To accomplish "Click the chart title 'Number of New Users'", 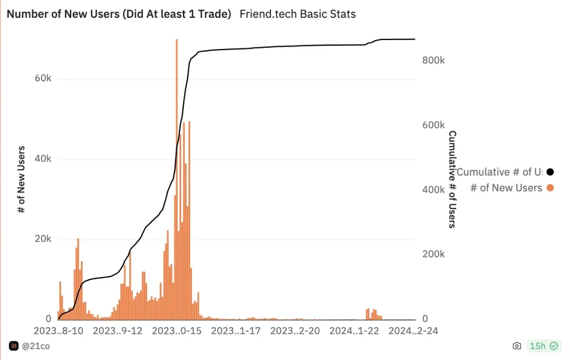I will [119, 14].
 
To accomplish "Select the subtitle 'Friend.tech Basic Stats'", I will [297, 14].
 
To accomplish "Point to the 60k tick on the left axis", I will [43, 78].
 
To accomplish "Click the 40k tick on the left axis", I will [43, 159].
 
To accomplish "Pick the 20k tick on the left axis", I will [43, 239].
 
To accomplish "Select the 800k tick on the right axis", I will [434, 61].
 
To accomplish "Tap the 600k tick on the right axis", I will [434, 125].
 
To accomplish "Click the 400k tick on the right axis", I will [434, 190].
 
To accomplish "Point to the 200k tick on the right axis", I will [434, 254].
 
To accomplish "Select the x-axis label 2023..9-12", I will [117, 331].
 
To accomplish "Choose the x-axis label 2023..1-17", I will [236, 331].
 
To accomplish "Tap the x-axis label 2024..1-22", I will [355, 331].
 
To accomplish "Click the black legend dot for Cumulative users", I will [550, 172].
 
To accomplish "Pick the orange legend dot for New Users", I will [550, 188].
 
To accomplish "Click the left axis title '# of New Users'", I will [22, 179].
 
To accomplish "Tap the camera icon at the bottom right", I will [517, 346].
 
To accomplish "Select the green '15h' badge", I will [543, 346].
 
